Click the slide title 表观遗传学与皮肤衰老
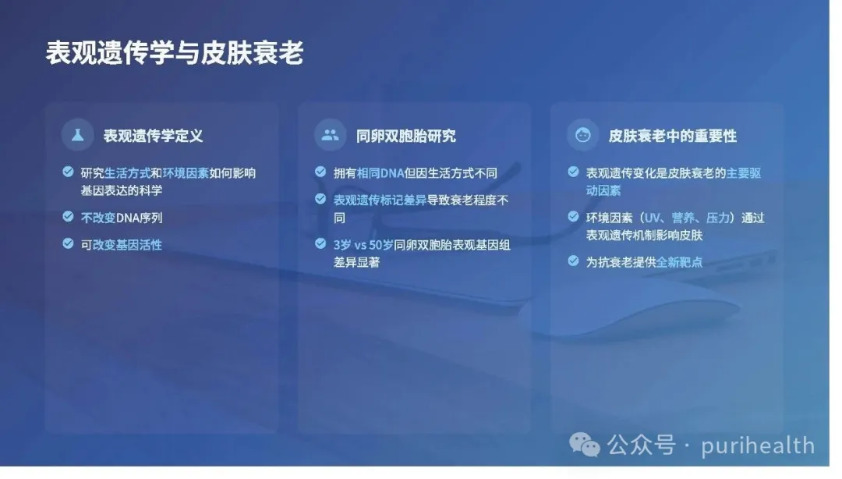click(x=175, y=53)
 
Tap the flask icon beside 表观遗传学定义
click(x=78, y=135)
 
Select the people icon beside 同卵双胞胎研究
click(x=331, y=135)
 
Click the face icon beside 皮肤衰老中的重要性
click(x=583, y=135)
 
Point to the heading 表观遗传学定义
click(x=153, y=136)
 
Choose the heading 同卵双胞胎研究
click(x=406, y=136)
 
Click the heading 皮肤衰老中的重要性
click(x=672, y=136)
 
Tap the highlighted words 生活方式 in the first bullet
click(x=127, y=173)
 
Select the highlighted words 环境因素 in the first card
click(x=186, y=173)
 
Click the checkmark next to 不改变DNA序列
click(x=68, y=217)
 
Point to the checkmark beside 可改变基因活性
click(x=68, y=243)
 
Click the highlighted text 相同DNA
click(x=380, y=173)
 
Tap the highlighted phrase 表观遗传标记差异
click(x=380, y=200)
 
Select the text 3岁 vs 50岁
click(x=363, y=245)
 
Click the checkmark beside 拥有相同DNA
click(x=320, y=172)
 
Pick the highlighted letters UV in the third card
click(x=652, y=218)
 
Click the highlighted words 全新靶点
click(x=679, y=262)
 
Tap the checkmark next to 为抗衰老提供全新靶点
click(x=574, y=261)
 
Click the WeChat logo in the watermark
click(x=584, y=445)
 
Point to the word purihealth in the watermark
click(x=758, y=446)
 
